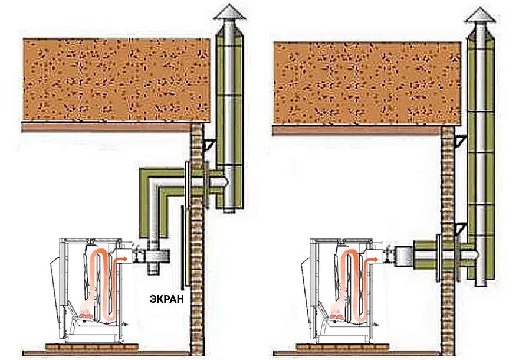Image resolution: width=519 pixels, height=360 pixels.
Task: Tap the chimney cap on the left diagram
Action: click(228, 13)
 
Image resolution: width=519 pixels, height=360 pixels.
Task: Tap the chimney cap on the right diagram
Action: click(478, 14)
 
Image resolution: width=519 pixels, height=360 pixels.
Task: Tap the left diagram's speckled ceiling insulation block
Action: click(116, 80)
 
